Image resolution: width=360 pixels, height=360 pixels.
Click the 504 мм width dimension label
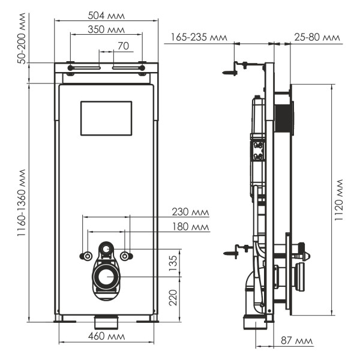click(107, 14)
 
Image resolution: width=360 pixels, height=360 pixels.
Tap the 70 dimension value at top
click(122, 45)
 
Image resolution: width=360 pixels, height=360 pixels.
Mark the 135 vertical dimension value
click(173, 263)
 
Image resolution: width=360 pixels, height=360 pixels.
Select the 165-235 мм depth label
click(199, 37)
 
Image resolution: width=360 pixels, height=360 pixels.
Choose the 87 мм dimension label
click(296, 341)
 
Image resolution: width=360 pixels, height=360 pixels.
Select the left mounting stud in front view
click(88, 256)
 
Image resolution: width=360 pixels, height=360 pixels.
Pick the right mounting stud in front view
click(125, 256)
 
